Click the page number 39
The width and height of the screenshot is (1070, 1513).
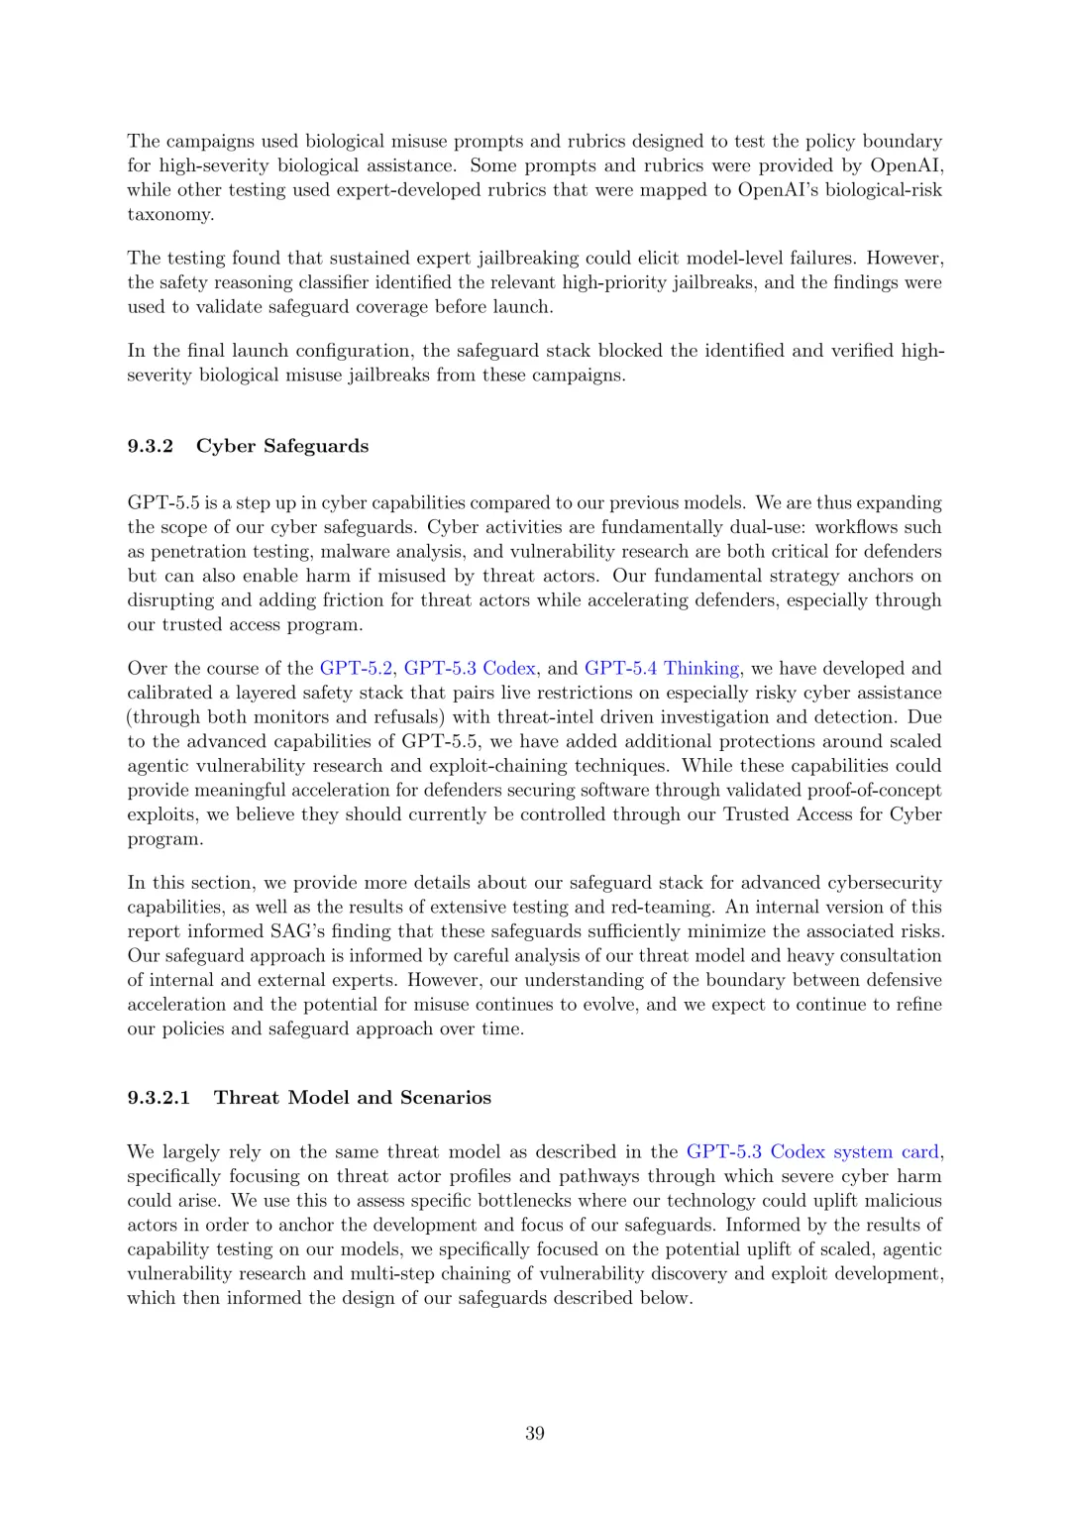click(535, 1433)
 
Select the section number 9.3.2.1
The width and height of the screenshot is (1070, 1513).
click(159, 1097)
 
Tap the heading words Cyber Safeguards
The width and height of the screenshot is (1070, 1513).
click(282, 446)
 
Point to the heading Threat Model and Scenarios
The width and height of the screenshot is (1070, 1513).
click(353, 1097)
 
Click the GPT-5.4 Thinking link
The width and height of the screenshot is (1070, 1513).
click(662, 668)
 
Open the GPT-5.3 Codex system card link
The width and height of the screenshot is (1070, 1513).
click(812, 1151)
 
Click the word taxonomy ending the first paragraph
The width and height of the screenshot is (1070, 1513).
click(169, 214)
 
